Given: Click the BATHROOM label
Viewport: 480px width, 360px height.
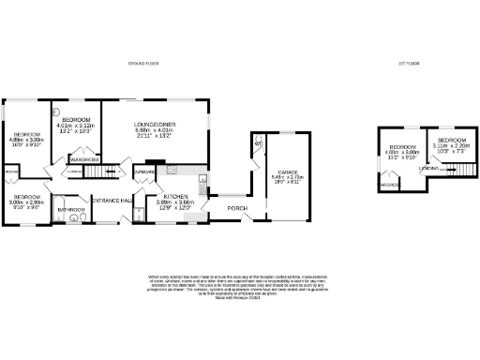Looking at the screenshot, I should [67, 210].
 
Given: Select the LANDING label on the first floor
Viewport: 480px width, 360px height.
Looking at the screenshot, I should [428, 169].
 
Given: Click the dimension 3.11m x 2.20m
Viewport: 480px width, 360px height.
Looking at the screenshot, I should [451, 147].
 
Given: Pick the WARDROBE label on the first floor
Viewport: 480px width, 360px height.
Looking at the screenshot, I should [387, 186].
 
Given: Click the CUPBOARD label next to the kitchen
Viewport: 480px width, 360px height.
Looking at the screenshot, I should [144, 172].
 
